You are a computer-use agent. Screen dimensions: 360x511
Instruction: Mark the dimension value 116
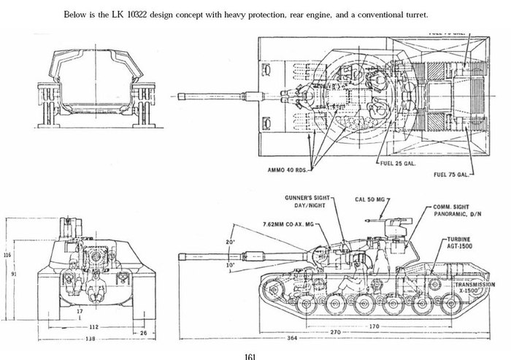[7, 255]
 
